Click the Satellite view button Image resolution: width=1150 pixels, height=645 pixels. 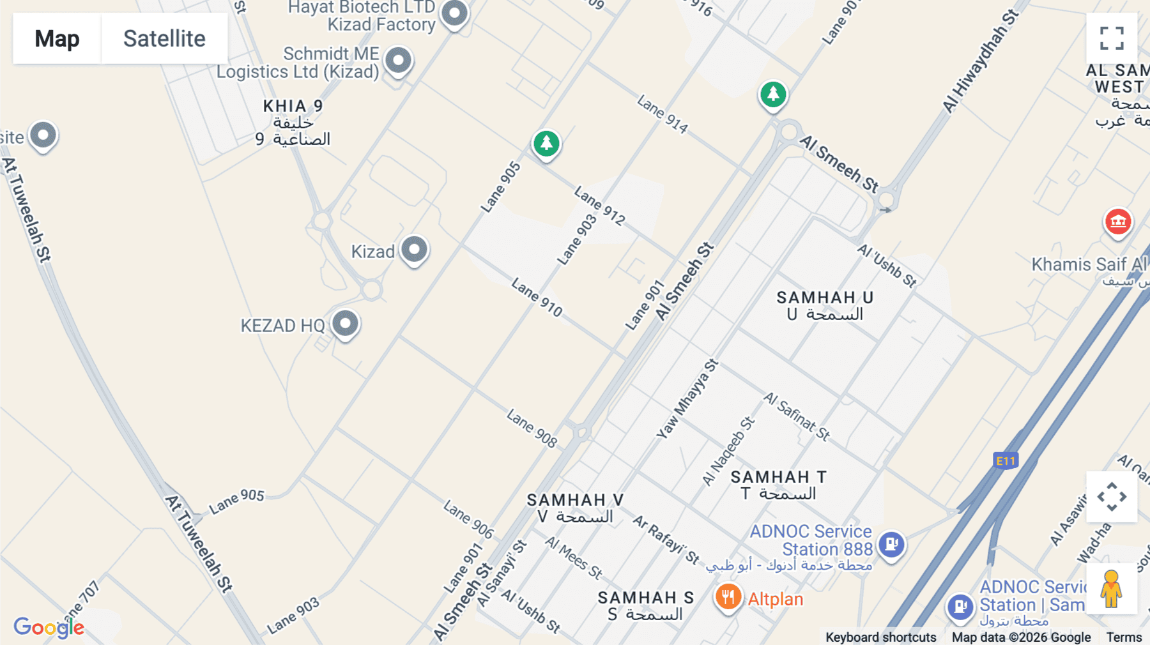click(164, 38)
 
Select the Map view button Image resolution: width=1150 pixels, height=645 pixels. click(57, 38)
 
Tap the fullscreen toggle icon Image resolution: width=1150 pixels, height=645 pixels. click(1112, 38)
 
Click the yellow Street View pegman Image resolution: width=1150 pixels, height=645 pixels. click(1112, 588)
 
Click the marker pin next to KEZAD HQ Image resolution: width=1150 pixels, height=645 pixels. click(346, 324)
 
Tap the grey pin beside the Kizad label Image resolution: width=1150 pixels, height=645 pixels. click(414, 249)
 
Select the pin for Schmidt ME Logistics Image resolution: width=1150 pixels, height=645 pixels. click(399, 61)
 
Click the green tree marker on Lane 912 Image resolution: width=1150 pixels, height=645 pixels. click(546, 144)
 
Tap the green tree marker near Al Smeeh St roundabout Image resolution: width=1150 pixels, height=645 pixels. click(773, 95)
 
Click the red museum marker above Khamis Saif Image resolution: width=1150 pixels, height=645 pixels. click(1118, 222)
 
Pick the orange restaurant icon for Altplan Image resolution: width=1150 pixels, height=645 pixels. click(728, 598)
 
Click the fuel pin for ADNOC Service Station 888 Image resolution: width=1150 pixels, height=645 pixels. click(891, 545)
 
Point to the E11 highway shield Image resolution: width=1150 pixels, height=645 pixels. click(1006, 460)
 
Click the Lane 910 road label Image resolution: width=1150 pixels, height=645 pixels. click(537, 298)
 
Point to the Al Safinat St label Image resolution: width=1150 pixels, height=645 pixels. click(797, 416)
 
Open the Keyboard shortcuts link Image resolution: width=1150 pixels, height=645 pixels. click(880, 637)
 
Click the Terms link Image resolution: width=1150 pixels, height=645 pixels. click(1124, 637)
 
